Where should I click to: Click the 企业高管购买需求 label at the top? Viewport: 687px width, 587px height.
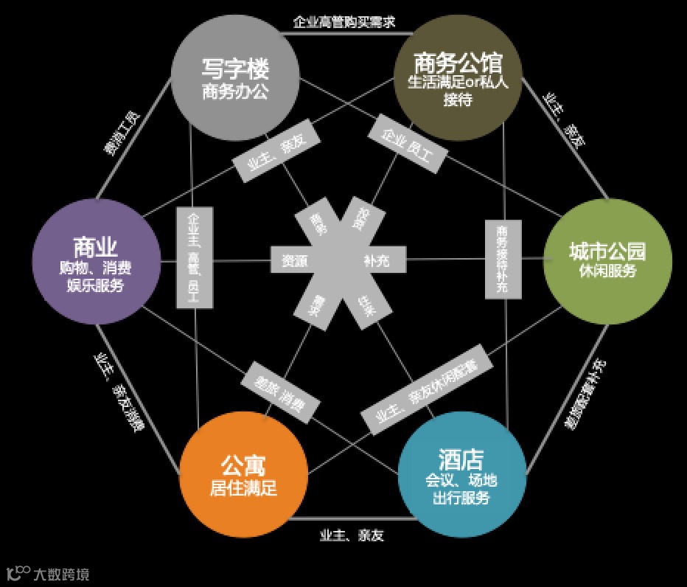[343, 22]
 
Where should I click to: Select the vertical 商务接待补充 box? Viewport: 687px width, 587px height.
[498, 259]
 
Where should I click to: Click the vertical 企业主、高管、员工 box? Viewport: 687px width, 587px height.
[189, 257]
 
